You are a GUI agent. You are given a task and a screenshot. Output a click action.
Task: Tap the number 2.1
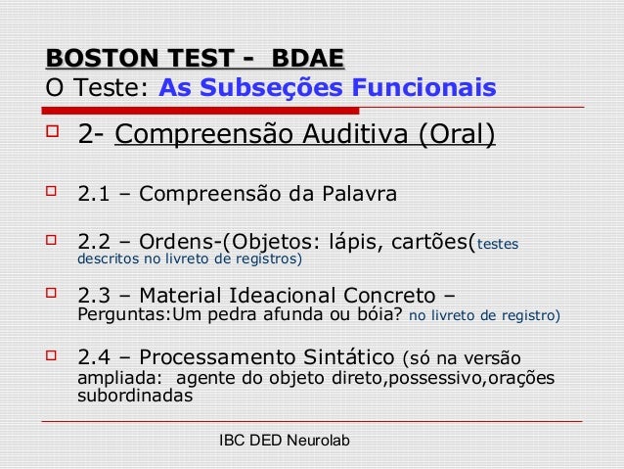tap(93, 193)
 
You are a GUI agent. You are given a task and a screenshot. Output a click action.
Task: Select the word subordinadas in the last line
tap(135, 397)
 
